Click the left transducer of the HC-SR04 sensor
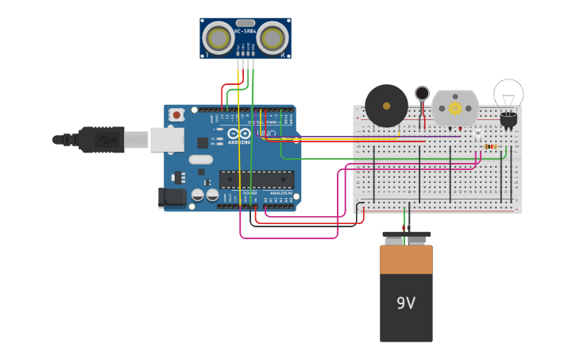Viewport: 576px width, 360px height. (x=218, y=37)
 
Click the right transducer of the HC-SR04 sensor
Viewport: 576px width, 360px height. (x=273, y=37)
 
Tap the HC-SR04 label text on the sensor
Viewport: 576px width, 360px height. (x=245, y=32)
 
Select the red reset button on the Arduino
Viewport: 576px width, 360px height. (x=176, y=115)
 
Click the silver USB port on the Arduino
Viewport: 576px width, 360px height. (x=167, y=140)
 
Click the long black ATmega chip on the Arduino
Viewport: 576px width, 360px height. (x=257, y=179)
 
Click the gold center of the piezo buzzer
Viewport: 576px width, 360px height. (x=387, y=105)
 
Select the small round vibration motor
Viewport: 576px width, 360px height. (x=422, y=93)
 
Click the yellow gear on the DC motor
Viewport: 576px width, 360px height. (x=455, y=107)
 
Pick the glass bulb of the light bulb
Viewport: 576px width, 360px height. (x=508, y=93)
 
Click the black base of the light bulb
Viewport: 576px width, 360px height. (x=508, y=119)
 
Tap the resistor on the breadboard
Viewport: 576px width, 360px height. (x=490, y=146)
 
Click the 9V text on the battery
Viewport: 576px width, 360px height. (x=406, y=303)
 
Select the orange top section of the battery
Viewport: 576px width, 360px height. (x=406, y=259)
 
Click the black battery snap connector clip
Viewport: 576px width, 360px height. (x=406, y=236)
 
